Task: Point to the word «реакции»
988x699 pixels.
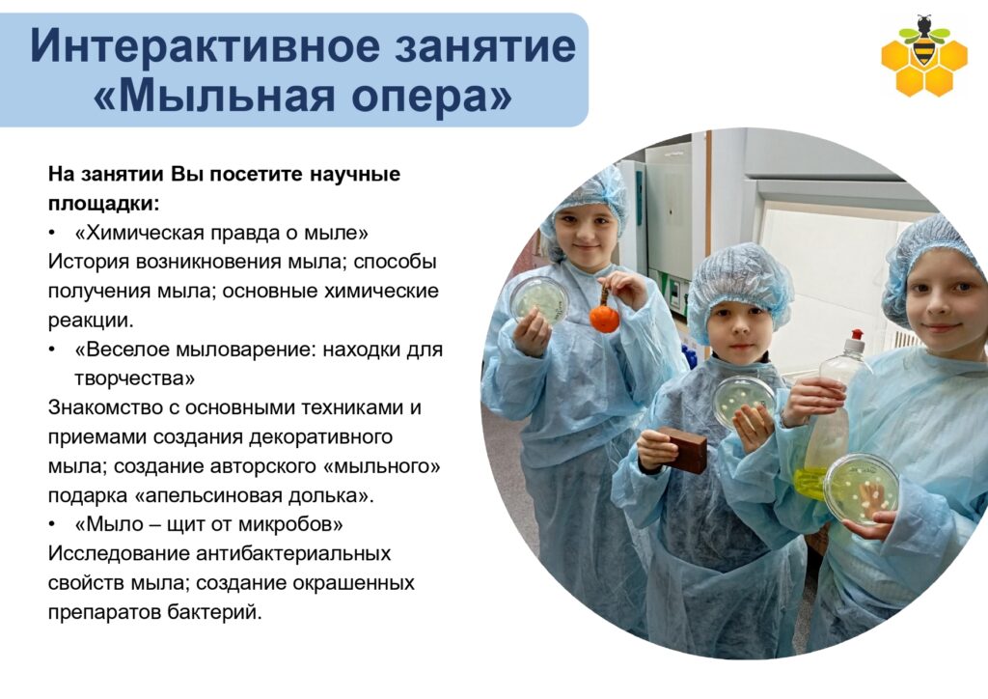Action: tap(91, 321)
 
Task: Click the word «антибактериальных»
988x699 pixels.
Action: tap(293, 553)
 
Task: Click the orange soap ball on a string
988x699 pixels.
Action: tap(604, 318)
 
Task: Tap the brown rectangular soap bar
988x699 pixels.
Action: tap(682, 449)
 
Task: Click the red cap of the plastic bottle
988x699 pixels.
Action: tap(856, 343)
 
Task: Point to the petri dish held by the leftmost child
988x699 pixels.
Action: tap(539, 300)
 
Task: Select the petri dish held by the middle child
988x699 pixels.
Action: tap(744, 403)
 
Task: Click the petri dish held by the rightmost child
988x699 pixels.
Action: tap(861, 489)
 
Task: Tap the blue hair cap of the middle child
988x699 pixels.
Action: tap(739, 288)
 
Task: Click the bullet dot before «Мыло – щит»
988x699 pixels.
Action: tap(53, 524)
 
